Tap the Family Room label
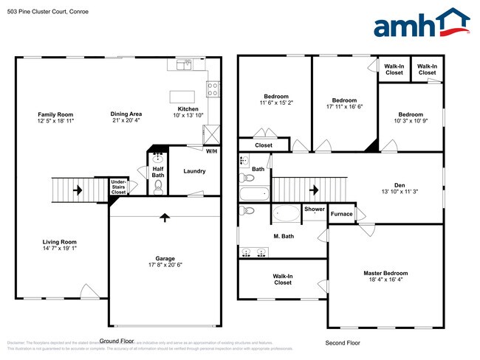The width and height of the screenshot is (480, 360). coord(56,114)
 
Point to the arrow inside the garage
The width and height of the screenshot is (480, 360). coord(164,218)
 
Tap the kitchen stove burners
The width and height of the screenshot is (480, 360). coord(213,89)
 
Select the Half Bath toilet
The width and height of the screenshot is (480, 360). coord(158,186)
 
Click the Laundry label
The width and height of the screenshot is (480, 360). coord(194,171)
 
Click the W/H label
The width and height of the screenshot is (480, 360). coord(211,151)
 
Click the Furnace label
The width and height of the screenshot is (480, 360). coord(341,214)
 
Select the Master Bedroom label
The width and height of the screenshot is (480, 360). coord(385,273)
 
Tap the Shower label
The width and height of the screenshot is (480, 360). coord(314,209)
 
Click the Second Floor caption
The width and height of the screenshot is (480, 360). coord(343,343)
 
